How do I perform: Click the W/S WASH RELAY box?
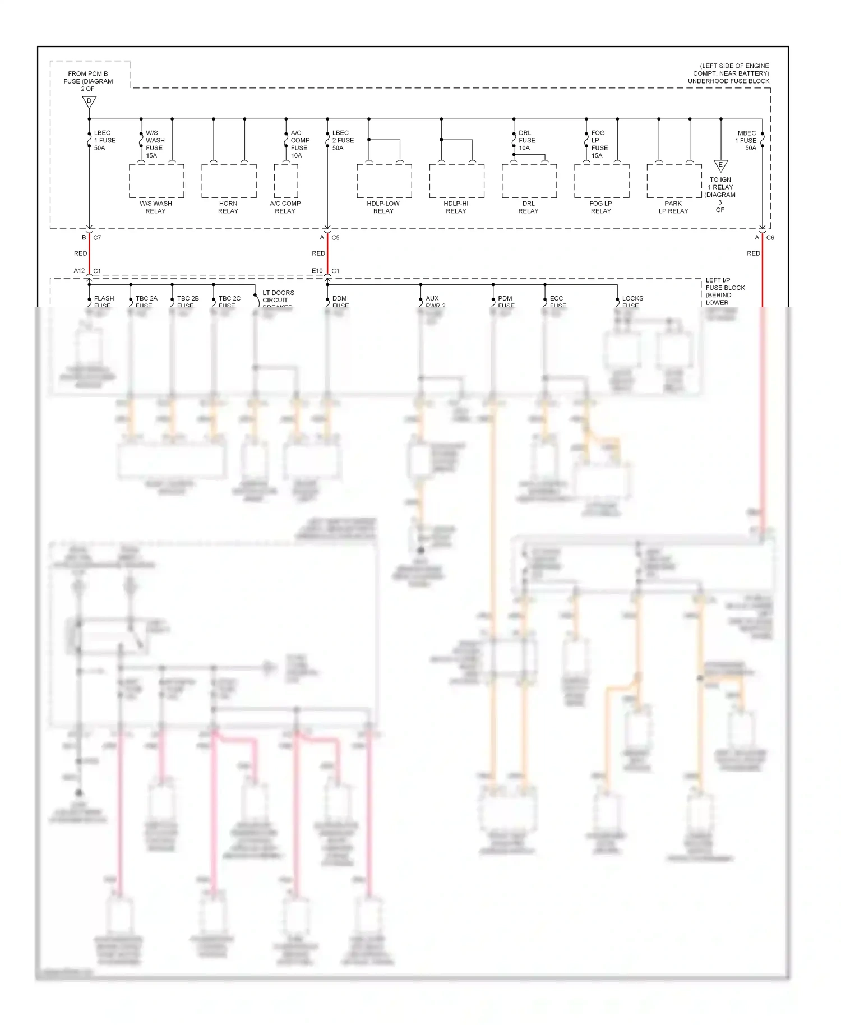click(156, 181)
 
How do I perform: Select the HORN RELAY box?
click(229, 181)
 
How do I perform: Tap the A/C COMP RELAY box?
click(286, 181)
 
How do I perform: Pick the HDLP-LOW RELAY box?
click(384, 181)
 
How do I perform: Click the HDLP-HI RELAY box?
click(456, 181)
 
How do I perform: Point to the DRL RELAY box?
click(529, 181)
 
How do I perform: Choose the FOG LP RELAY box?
click(602, 181)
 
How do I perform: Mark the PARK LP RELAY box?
click(674, 181)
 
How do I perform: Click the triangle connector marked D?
click(89, 102)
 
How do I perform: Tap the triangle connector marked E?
click(720, 166)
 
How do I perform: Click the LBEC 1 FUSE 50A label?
click(104, 141)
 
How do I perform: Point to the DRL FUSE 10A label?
click(527, 141)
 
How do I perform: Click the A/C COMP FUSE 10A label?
click(299, 144)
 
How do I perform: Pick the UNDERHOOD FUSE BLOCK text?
click(728, 81)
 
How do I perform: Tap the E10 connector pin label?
click(317, 271)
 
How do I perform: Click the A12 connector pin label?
click(79, 271)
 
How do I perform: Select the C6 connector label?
click(770, 238)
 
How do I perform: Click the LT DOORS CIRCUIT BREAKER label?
click(278, 299)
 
